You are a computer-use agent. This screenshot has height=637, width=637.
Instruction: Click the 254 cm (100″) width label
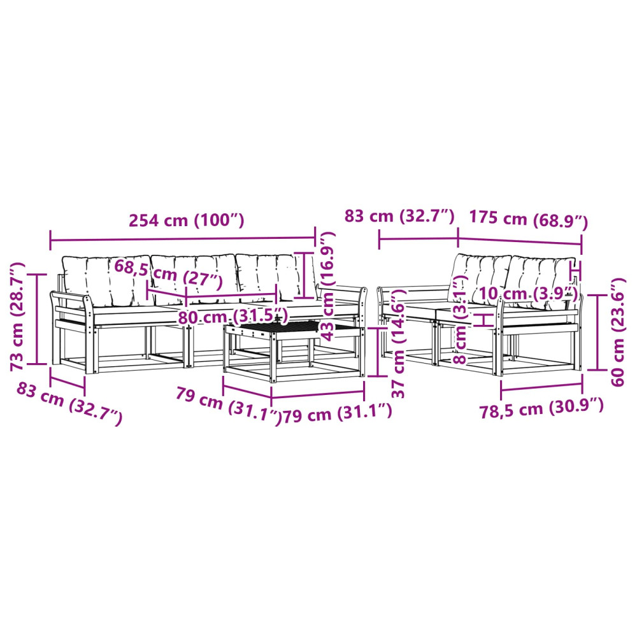point(187,220)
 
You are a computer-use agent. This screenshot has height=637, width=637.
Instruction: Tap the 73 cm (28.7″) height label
point(18,317)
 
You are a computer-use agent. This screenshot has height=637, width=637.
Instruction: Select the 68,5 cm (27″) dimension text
point(168,274)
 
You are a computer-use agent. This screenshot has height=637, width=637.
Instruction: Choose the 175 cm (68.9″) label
point(529,219)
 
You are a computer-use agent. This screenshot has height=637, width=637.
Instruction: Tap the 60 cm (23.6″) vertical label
point(617,332)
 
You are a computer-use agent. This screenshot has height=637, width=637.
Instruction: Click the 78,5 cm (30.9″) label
point(541,409)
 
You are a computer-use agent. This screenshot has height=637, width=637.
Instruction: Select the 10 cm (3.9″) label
point(528,293)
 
